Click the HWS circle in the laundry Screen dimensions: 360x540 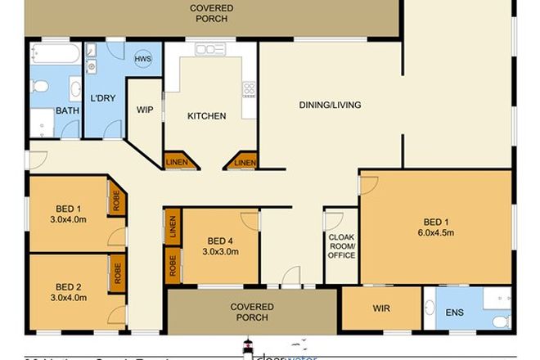pos(143,59)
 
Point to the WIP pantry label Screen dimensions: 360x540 pos(145,110)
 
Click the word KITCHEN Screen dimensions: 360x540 pos(206,116)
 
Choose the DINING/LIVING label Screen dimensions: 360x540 pos(329,105)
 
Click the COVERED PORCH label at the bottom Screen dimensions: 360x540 pos(252,312)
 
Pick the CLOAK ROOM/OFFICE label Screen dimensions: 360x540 pos(342,246)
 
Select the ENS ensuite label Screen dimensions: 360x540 pos(453,312)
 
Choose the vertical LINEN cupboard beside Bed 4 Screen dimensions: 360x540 pos(173,226)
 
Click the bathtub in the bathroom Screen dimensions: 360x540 pos(54,56)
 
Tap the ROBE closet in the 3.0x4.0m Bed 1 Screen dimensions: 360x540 pos(117,200)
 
